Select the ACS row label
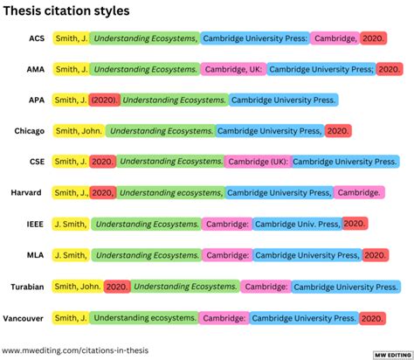35,38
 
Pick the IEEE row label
34,225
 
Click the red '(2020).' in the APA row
105,100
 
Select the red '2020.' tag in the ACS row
372,38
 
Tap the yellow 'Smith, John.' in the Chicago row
79,131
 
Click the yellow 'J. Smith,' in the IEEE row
70,225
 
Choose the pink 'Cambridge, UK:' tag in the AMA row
231,69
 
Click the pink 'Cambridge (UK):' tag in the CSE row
257,162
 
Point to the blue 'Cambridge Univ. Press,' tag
297,225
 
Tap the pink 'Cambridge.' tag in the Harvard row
358,193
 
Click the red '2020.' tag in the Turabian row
116,287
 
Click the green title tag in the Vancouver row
145,318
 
